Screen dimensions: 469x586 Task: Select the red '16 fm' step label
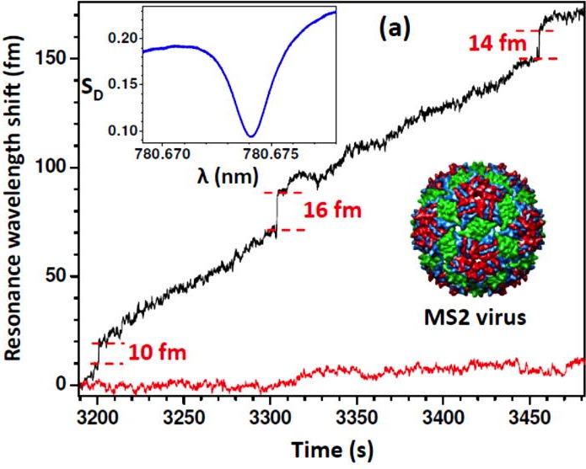tap(334, 209)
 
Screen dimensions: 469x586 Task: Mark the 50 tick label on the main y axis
tap(59, 276)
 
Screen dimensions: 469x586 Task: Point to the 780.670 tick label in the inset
tap(166, 154)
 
